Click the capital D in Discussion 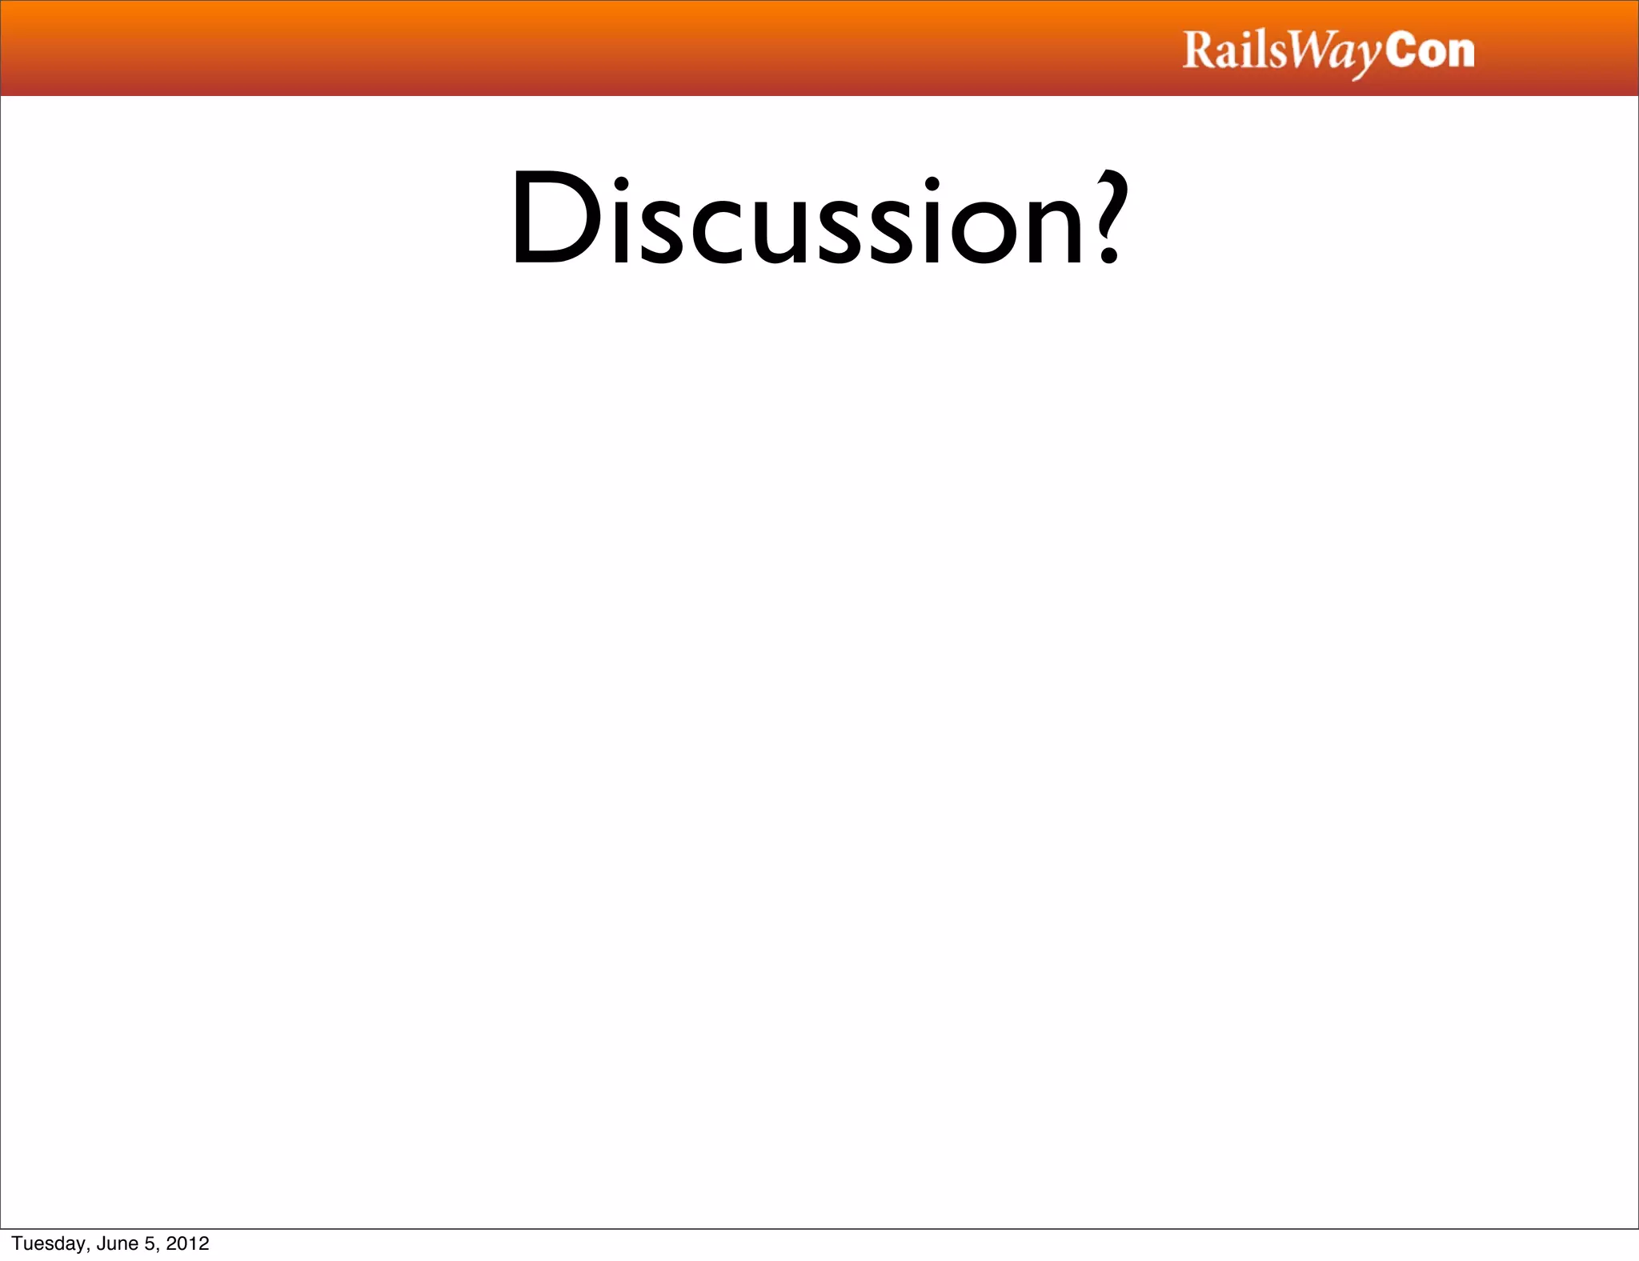[x=556, y=218]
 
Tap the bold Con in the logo [x=1429, y=50]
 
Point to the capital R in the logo [x=1198, y=50]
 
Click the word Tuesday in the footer [x=49, y=1243]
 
